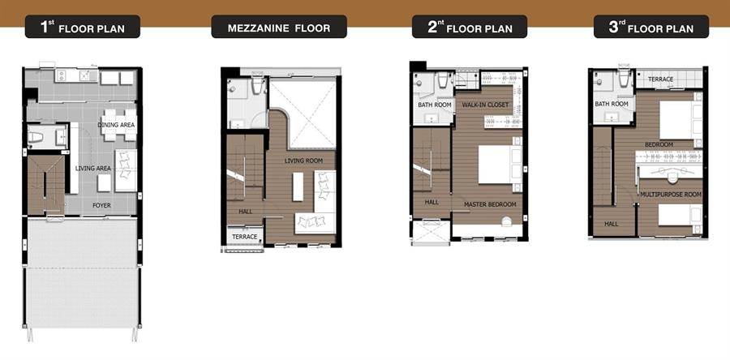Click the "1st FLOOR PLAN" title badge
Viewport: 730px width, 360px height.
(83, 27)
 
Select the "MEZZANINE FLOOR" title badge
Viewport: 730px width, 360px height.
(279, 27)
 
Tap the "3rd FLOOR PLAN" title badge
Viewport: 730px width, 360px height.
(651, 27)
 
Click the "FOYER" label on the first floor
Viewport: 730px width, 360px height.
(101, 205)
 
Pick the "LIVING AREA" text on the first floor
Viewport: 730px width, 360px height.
(93, 168)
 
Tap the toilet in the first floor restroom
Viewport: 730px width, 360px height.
(36, 137)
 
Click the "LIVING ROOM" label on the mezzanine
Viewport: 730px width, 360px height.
(303, 161)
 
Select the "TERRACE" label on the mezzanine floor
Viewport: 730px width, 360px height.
(244, 237)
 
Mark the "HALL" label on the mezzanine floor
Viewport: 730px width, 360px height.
(245, 212)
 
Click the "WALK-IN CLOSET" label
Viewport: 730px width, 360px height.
(485, 105)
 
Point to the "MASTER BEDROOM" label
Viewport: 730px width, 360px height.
(490, 204)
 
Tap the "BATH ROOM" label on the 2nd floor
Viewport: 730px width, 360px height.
(435, 105)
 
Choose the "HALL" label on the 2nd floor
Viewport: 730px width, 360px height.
(432, 203)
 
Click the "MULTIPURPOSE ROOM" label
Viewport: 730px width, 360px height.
(671, 195)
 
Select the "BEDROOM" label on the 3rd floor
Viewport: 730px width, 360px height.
(659, 144)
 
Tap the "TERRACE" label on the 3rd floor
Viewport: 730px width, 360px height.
(660, 79)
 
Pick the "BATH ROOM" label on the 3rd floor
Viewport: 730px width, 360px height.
(612, 104)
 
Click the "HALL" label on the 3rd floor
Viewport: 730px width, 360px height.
(612, 224)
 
